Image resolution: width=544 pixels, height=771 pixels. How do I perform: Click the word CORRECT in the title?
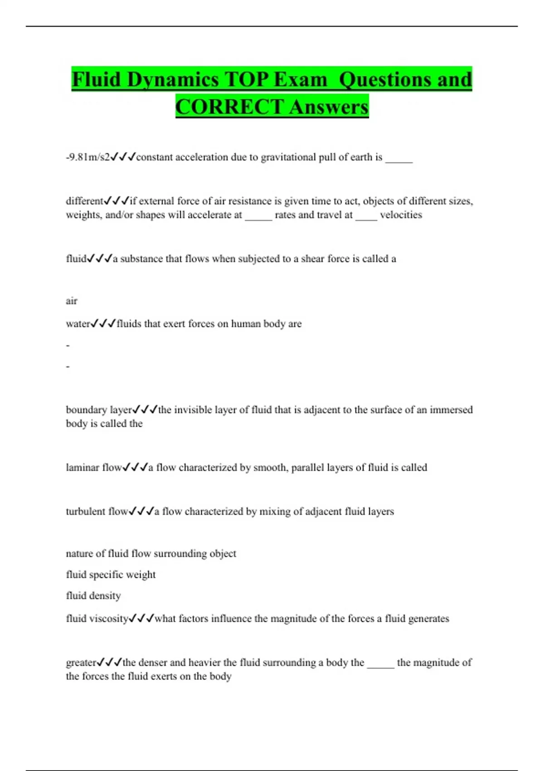coord(229,107)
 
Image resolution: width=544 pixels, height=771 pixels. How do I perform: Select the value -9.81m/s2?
coord(87,157)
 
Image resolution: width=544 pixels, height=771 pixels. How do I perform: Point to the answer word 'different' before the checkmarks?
coord(84,201)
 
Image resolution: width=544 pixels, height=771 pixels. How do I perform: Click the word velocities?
coord(401,215)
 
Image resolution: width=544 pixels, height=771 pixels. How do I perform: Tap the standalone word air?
coord(72,301)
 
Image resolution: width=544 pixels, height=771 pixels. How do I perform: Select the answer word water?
coord(78,324)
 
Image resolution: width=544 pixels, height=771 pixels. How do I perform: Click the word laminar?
coord(83,468)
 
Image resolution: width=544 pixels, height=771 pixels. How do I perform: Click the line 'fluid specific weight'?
coord(111,575)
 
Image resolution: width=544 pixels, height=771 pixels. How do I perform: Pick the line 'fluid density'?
coord(93,596)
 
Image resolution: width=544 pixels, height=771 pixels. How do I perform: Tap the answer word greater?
coord(81,663)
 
